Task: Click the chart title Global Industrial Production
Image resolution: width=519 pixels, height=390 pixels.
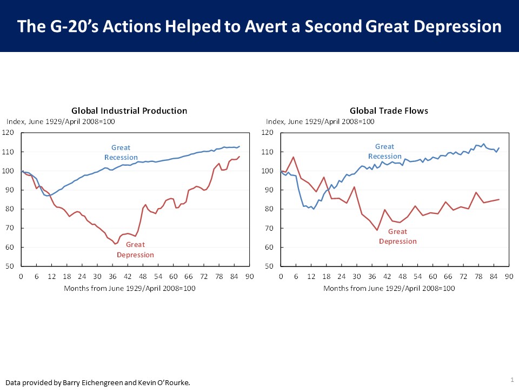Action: coord(129,110)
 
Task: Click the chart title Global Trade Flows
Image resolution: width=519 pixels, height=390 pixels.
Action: coord(389,110)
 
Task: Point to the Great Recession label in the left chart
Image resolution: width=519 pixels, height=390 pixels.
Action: coord(121,152)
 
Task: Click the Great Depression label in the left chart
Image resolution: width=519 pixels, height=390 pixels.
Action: coord(135,250)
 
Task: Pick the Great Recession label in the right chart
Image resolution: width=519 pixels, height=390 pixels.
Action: coord(384,151)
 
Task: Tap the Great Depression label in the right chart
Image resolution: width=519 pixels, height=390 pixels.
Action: coord(397,236)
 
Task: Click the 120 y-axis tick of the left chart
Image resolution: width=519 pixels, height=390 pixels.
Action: coord(8,133)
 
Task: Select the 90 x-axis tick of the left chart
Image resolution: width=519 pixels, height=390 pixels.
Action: coord(249,277)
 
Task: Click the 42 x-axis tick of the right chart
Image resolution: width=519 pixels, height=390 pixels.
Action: coord(388,277)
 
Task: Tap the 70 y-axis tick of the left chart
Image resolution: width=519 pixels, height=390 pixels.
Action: coord(10,228)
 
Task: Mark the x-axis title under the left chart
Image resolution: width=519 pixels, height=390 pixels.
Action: coord(130,288)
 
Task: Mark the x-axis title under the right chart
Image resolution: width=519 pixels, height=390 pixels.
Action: coord(389,288)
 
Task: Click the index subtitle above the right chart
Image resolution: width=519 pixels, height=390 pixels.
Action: coord(320,121)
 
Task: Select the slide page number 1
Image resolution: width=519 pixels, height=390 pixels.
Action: coord(511,379)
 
